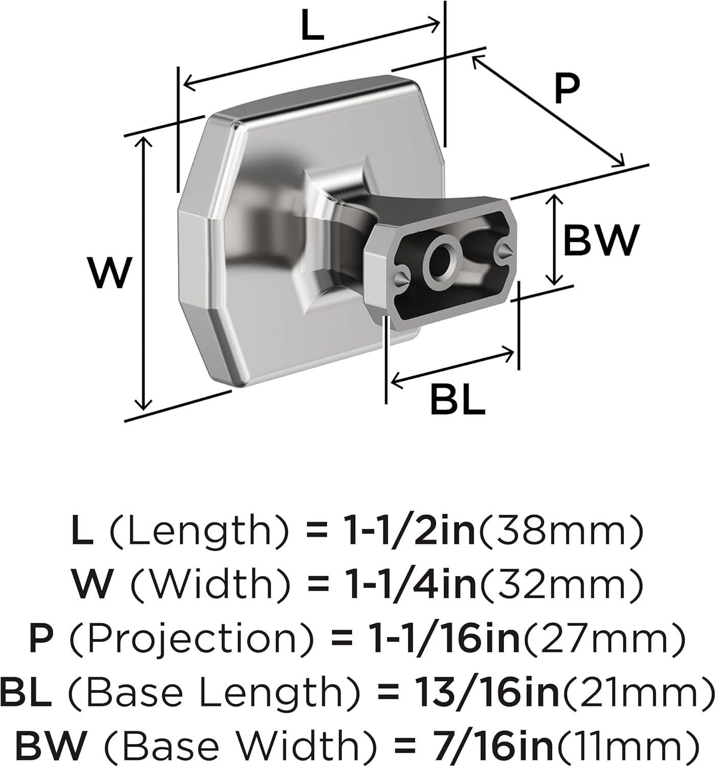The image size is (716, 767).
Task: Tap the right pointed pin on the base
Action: (504, 252)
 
